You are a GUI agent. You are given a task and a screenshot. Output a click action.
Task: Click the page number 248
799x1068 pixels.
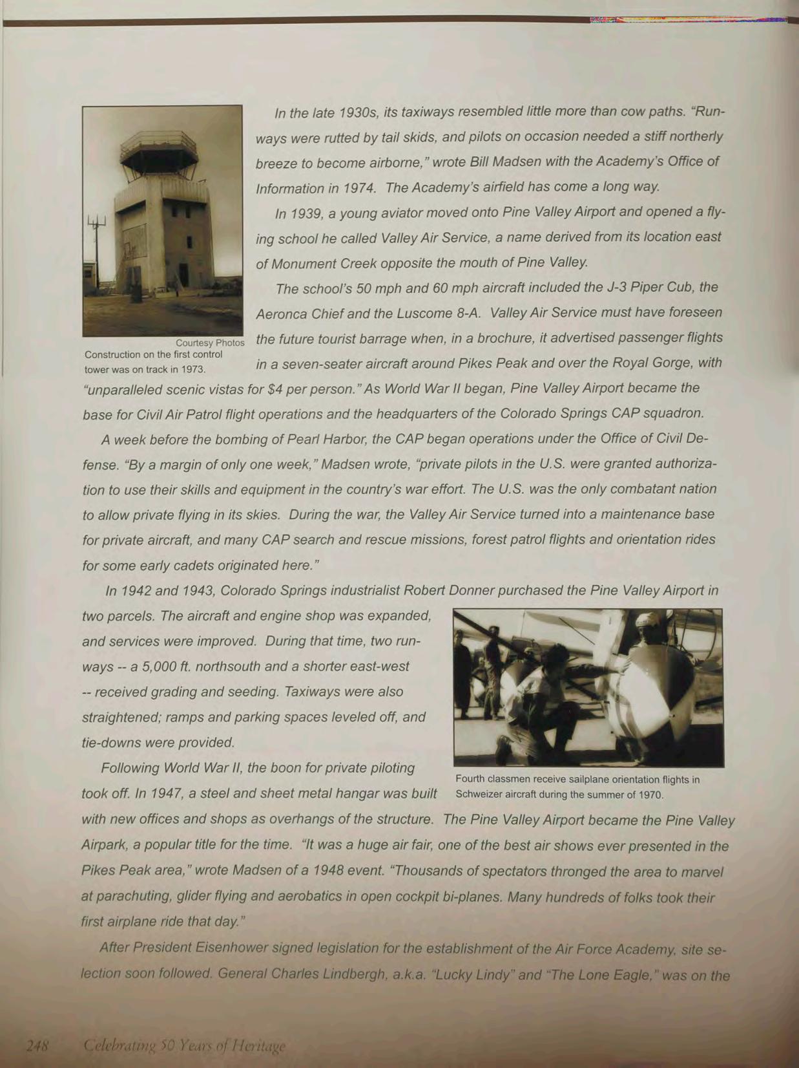click(37, 1045)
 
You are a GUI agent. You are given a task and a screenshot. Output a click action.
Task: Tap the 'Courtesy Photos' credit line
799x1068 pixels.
click(210, 343)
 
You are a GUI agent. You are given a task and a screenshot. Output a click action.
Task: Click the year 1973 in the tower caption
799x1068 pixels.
click(193, 370)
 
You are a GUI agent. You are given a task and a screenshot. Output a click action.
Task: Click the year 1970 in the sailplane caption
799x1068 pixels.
click(650, 795)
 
